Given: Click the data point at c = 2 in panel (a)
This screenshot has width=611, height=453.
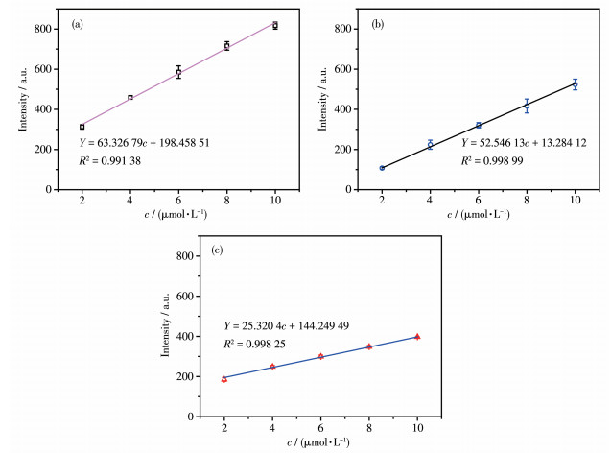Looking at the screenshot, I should pyautogui.click(x=82, y=127).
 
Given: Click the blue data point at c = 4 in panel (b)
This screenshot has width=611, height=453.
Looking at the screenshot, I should pyautogui.click(x=430, y=145).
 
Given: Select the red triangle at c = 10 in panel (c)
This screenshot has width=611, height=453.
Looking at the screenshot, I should pyautogui.click(x=417, y=337).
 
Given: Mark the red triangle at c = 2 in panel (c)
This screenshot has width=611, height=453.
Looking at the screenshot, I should pyautogui.click(x=224, y=378).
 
